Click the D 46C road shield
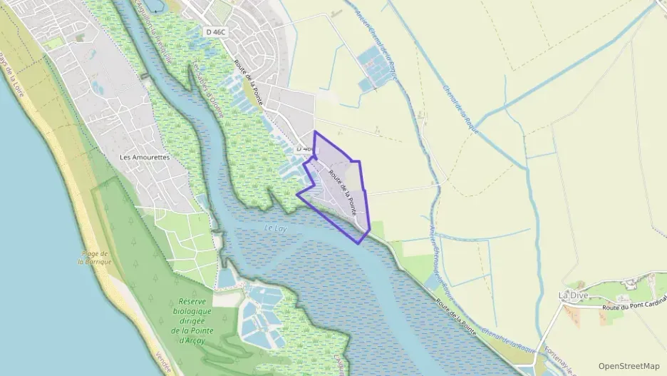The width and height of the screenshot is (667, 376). [x=214, y=31]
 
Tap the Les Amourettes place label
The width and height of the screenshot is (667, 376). [x=145, y=157]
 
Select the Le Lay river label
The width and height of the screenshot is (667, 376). [x=275, y=228]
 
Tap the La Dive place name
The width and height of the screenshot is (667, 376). [x=572, y=295]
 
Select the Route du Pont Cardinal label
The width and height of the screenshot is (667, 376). [x=634, y=307]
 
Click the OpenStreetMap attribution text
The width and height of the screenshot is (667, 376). [x=629, y=365]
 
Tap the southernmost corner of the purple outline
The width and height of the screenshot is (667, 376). [x=359, y=243]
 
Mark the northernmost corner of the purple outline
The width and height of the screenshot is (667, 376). [x=314, y=132]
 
